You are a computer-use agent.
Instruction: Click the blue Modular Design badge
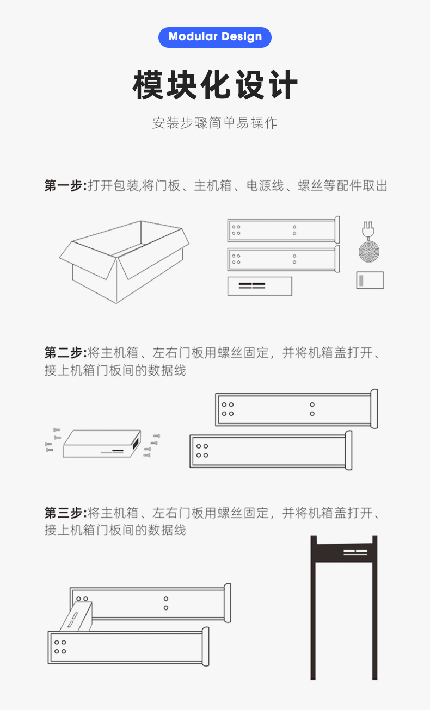[x=215, y=38]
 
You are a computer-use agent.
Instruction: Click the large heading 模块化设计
[x=215, y=85]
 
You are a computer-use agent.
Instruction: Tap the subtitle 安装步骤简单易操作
[x=215, y=123]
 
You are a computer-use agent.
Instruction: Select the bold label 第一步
[x=65, y=185]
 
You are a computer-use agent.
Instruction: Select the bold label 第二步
[x=65, y=352]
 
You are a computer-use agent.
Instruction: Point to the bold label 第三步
[x=65, y=513]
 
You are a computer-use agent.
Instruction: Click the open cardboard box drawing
[x=124, y=262]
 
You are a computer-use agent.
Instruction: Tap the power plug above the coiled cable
[x=368, y=229]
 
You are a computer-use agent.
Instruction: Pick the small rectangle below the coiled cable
[x=370, y=280]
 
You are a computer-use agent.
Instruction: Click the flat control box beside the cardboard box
[x=260, y=286]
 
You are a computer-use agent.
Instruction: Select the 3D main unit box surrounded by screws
[x=102, y=444]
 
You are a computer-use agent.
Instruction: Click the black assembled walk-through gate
[x=344, y=608]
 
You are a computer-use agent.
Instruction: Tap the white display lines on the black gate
[x=355, y=552]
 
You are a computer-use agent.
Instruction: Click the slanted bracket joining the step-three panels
[x=76, y=616]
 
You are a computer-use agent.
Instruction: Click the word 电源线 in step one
[x=265, y=185]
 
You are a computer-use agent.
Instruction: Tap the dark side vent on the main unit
[x=137, y=441]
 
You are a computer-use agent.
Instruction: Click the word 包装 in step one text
[x=126, y=185]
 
